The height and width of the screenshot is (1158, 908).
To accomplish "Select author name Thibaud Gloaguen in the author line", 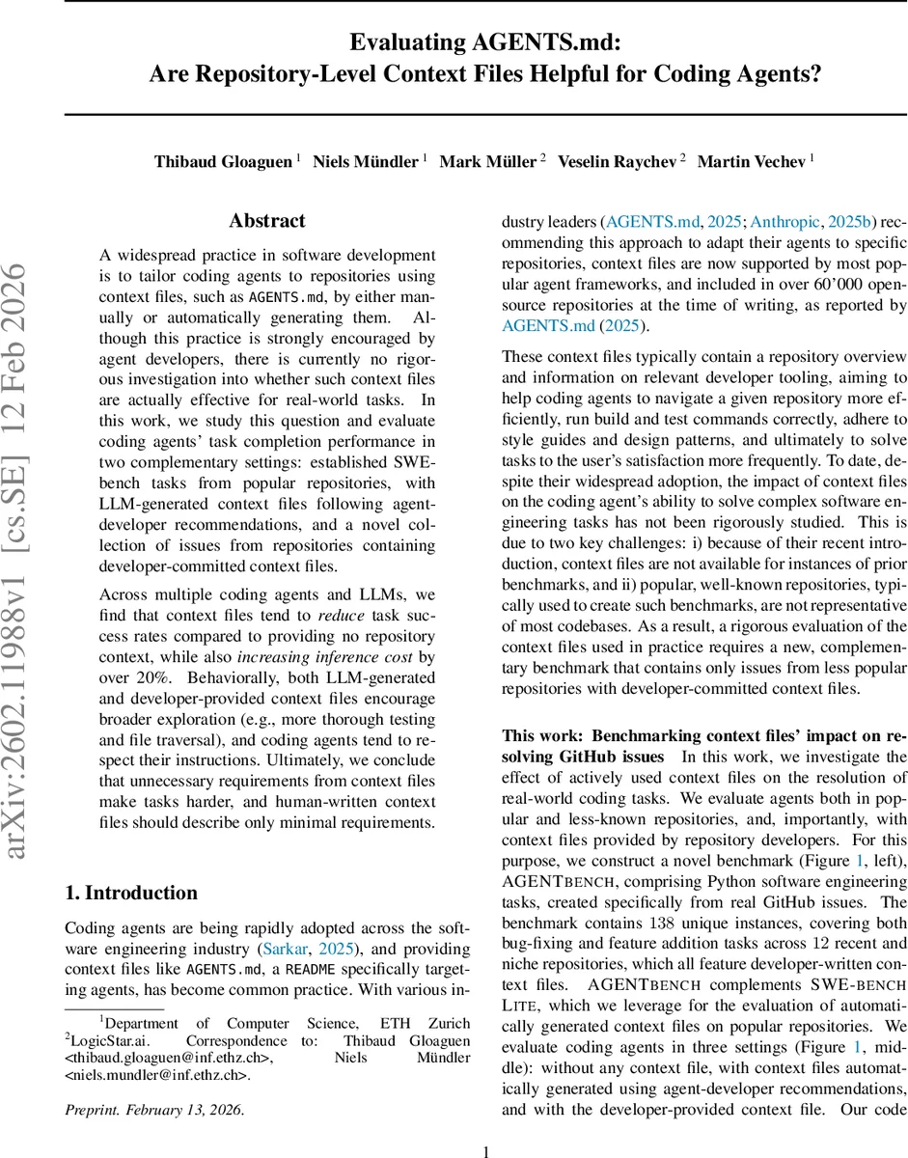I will pyautogui.click(x=223, y=161).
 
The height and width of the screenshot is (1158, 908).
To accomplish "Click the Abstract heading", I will pyautogui.click(x=267, y=221).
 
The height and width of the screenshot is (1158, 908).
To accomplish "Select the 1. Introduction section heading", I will pyautogui.click(x=131, y=892).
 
